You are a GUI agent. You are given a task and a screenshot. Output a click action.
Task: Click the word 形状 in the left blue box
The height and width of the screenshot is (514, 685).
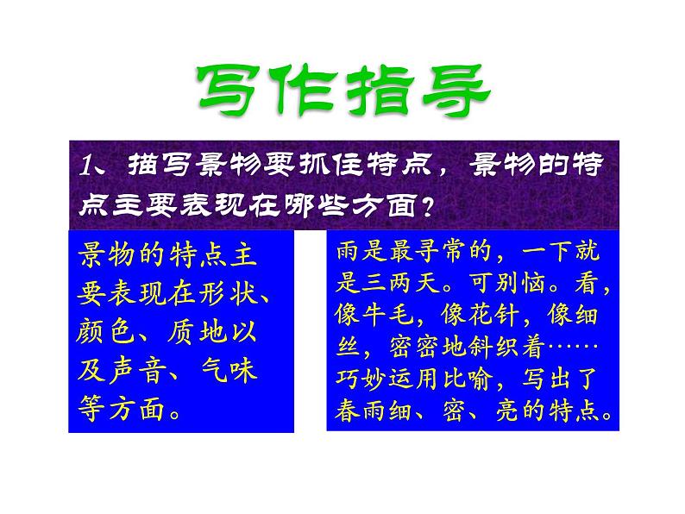coord(230,295)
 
